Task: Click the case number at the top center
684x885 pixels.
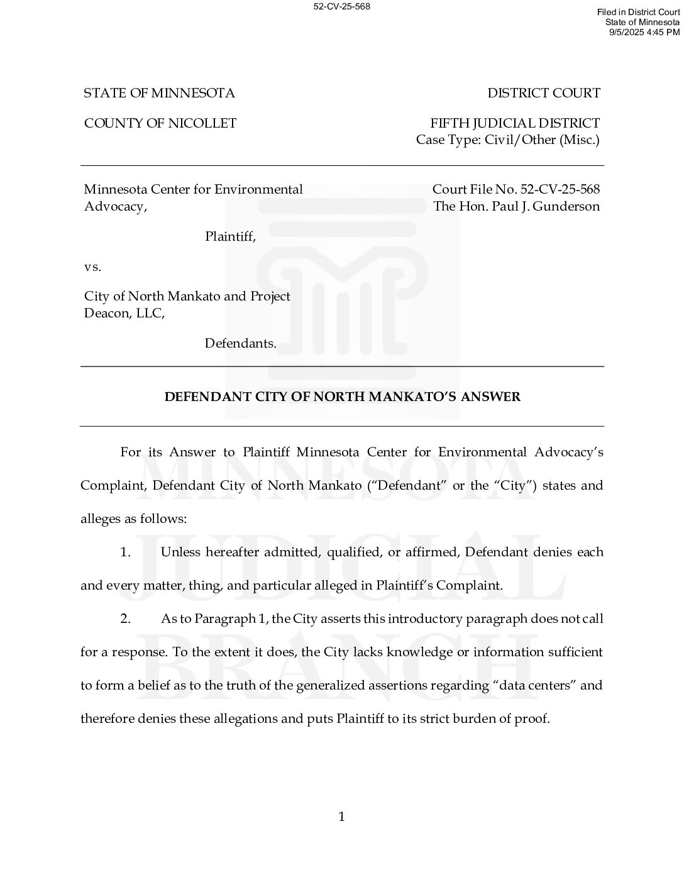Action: coord(341,7)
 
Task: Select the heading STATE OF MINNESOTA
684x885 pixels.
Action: coord(159,94)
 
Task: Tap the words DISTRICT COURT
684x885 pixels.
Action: coord(544,94)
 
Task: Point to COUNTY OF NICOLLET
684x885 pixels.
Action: coord(160,124)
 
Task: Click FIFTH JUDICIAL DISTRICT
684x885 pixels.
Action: coord(515,124)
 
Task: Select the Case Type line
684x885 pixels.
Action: coord(507,140)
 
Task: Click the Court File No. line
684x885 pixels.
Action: coord(516,190)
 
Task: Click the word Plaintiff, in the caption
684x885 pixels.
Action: coord(230,237)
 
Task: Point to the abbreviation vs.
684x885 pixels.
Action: coord(92,267)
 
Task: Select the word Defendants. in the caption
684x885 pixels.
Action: coord(240,344)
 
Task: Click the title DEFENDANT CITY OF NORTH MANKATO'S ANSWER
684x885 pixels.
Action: coord(342,397)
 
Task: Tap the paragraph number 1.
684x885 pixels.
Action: coord(126,552)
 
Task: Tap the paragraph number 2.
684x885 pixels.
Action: coord(126,619)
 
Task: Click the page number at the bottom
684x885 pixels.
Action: coord(341,817)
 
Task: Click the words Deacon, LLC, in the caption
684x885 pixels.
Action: coord(124,313)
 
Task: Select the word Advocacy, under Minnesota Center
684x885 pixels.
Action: coord(116,207)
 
